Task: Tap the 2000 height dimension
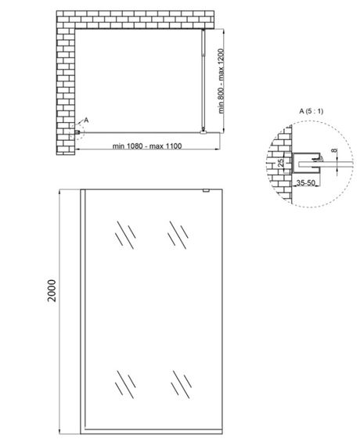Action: tap(52, 298)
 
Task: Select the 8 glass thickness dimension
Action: tap(335, 153)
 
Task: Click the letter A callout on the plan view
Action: tap(86, 120)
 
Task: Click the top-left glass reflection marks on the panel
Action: tap(124, 232)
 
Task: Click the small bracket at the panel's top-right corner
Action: tap(205, 192)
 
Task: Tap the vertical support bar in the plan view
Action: tap(205, 78)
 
